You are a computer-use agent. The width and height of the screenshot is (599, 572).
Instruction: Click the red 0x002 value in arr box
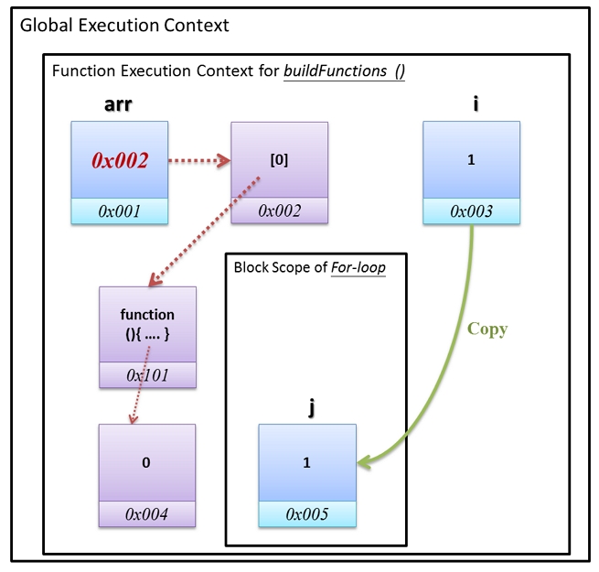point(121,160)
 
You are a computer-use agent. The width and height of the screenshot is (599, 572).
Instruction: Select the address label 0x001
point(121,211)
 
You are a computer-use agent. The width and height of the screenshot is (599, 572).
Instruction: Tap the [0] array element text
point(279,160)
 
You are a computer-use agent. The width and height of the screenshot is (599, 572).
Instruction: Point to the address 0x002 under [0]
point(279,211)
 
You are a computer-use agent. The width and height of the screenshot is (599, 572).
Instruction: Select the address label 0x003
point(471,211)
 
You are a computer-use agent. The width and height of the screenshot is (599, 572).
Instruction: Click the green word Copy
point(487,329)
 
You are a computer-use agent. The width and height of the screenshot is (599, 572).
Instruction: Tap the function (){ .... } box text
point(146,325)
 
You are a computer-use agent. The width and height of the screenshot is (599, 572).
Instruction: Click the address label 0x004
point(147,514)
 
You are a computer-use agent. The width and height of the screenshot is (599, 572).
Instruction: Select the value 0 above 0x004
point(146,462)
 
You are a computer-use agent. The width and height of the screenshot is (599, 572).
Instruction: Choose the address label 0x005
point(307,514)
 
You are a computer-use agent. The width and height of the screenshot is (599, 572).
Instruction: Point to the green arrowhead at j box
point(364,464)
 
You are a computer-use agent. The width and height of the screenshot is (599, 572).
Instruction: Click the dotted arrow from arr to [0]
point(200,161)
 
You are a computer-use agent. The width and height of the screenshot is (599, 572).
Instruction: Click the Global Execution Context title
point(124,25)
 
